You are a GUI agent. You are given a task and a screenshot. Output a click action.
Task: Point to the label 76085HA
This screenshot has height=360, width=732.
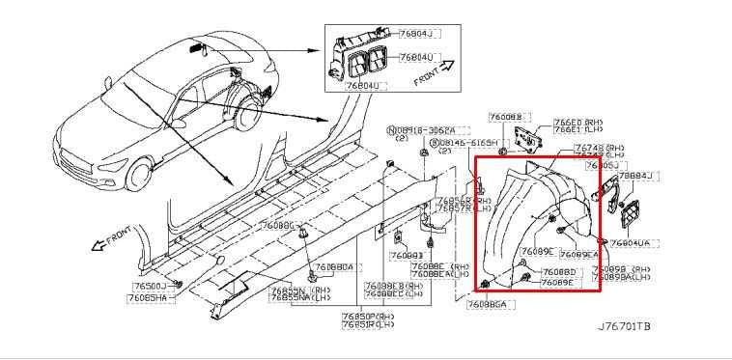pyautogui.click(x=150, y=297)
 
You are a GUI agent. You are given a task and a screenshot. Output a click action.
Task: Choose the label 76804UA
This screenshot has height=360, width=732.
pyautogui.click(x=631, y=244)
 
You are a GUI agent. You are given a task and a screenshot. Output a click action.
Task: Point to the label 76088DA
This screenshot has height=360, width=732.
pyautogui.click(x=334, y=266)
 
